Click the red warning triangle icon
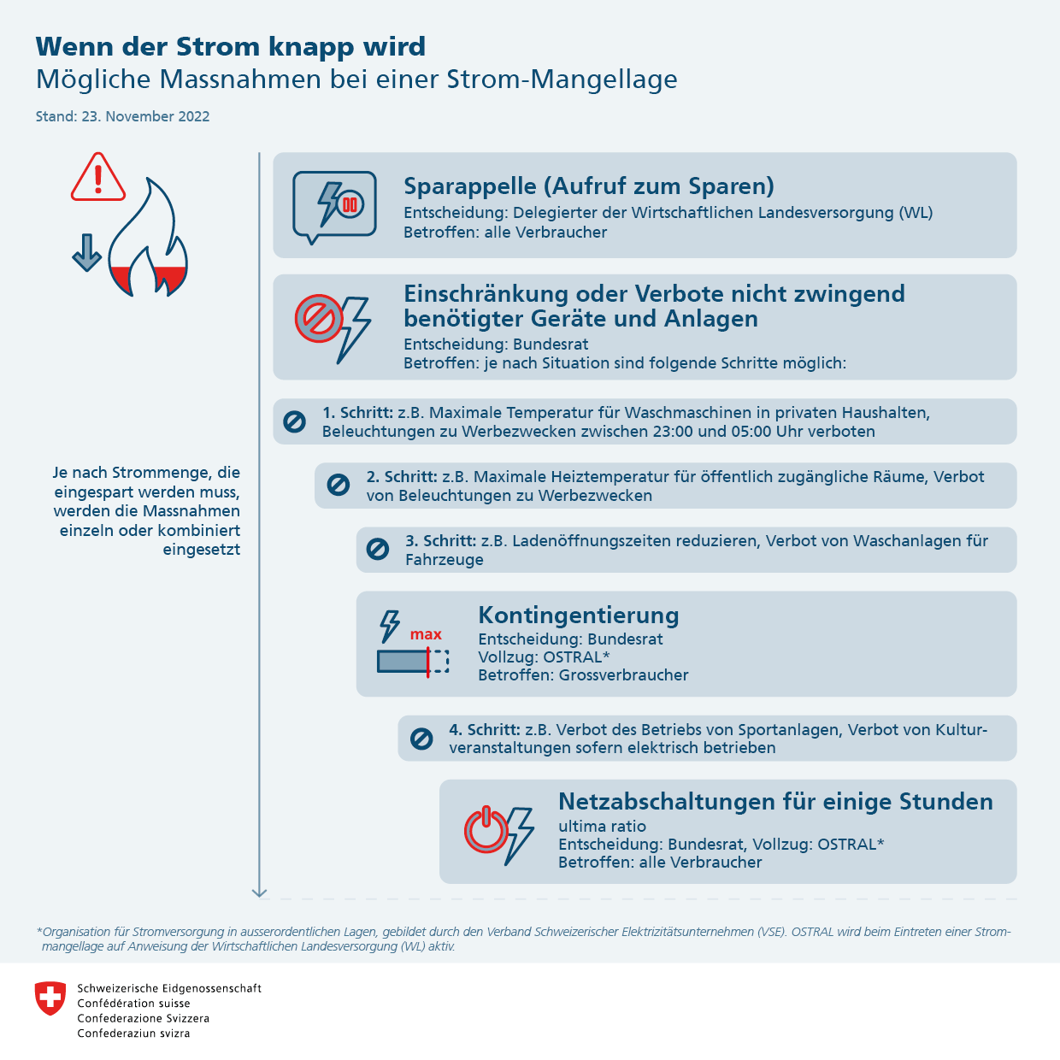(x=98, y=178)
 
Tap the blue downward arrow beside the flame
(x=86, y=253)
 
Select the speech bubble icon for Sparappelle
(x=334, y=206)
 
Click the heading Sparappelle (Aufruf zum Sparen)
(x=588, y=186)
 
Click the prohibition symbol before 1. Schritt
(x=294, y=421)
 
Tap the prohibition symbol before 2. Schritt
(x=339, y=486)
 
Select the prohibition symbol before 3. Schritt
(x=378, y=550)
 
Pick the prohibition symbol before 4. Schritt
(x=421, y=739)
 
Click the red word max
(x=426, y=634)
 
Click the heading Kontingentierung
(x=579, y=615)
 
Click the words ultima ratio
(x=602, y=827)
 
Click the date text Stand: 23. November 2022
(x=122, y=116)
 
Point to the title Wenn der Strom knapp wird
(x=230, y=46)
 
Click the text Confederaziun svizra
(x=133, y=1033)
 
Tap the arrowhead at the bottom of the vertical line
(x=260, y=892)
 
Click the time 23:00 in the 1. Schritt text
(x=673, y=432)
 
